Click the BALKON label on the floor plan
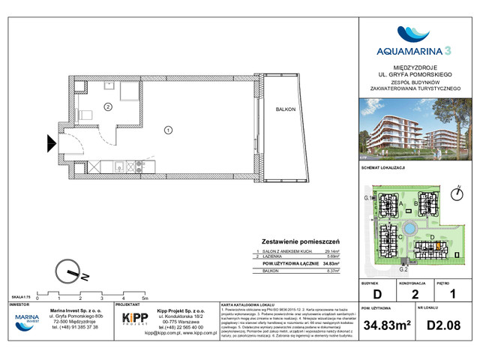280,109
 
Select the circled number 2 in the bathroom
108,107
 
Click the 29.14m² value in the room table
329,251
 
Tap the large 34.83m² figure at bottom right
385,326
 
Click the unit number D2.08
442,326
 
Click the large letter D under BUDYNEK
378,293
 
